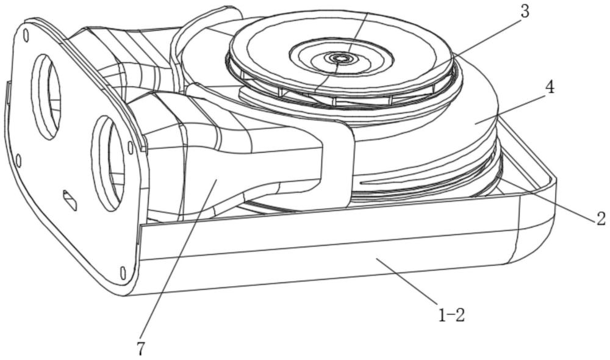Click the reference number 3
(525, 12)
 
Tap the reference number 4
(550, 88)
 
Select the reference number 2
(601, 218)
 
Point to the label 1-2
(451, 315)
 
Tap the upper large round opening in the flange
(46, 96)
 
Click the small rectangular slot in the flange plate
(70, 200)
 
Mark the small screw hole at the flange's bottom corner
(123, 272)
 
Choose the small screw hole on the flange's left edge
(18, 160)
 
